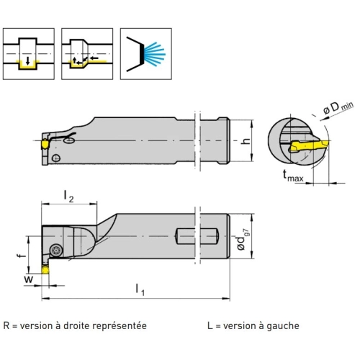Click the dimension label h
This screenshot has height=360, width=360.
tap(246, 141)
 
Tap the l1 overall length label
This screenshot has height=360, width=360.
tap(140, 289)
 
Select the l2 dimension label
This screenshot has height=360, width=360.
tap(69, 196)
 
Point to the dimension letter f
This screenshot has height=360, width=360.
tap(22, 254)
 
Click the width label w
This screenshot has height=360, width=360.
tap(29, 279)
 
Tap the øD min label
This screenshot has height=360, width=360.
tap(338, 108)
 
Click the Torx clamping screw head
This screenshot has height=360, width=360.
tap(57, 251)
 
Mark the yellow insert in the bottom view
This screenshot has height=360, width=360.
tap(45, 270)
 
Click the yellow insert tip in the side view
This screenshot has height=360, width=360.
tap(45, 144)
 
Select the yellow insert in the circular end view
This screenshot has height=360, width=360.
tap(309, 145)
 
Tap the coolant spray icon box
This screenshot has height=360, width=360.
tap(146, 54)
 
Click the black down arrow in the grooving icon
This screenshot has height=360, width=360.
tap(28, 61)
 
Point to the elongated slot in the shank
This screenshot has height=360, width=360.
tap(197, 236)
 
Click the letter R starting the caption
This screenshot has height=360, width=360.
tap(6, 325)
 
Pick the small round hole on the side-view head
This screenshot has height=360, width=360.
tap(56, 158)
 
